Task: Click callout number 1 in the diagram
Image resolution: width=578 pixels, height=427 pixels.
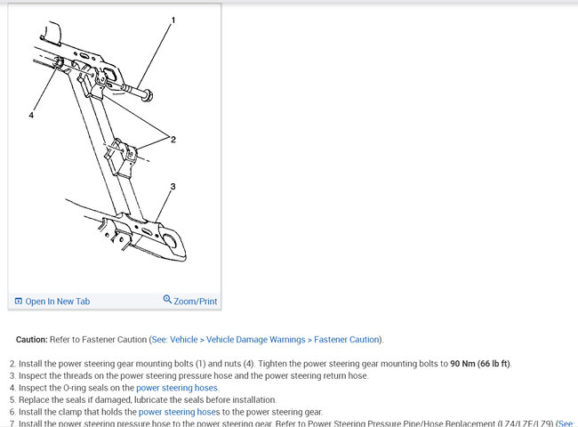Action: pyautogui.click(x=173, y=20)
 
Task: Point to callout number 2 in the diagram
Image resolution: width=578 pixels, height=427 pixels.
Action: pyautogui.click(x=173, y=140)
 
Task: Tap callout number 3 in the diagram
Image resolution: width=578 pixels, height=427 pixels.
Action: pyautogui.click(x=173, y=187)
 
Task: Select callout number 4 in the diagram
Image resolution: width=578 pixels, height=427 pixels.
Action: pyautogui.click(x=31, y=115)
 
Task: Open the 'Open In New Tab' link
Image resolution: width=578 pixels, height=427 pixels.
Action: pyautogui.click(x=57, y=301)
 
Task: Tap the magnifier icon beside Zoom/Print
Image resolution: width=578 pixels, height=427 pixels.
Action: pyautogui.click(x=167, y=300)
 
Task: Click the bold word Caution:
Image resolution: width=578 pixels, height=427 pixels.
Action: pyautogui.click(x=32, y=340)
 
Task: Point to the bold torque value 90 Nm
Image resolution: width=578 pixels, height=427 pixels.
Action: pyautogui.click(x=462, y=364)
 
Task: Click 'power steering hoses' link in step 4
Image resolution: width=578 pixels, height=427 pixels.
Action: pyautogui.click(x=177, y=388)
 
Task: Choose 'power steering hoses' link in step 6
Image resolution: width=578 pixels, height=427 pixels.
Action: pyautogui.click(x=179, y=412)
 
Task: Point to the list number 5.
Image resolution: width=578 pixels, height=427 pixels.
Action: pyautogui.click(x=12, y=400)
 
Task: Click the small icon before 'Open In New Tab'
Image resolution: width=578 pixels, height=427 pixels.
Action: pyautogui.click(x=19, y=301)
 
